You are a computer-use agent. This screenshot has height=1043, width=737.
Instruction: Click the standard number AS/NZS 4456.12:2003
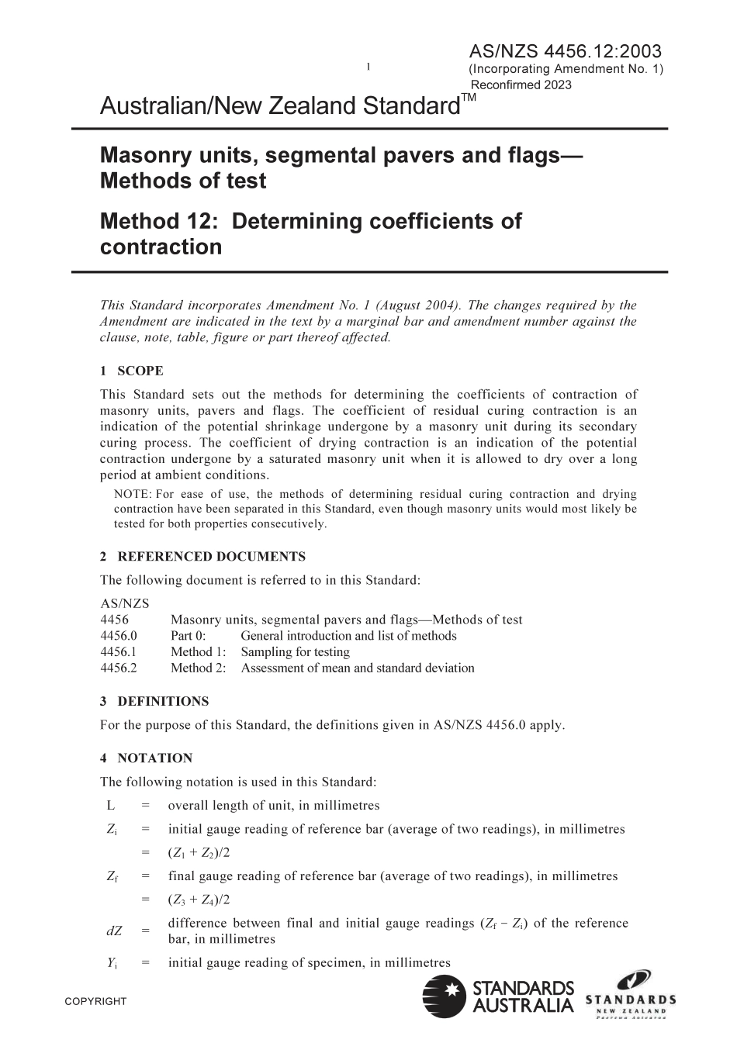[x=565, y=52]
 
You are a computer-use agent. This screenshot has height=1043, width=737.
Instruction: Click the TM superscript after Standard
[x=469, y=98]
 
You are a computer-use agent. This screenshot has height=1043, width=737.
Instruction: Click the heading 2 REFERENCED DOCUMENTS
[x=202, y=556]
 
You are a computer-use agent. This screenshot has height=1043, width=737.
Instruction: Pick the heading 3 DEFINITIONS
[x=154, y=701]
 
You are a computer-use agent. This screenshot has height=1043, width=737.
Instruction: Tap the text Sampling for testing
[x=295, y=652]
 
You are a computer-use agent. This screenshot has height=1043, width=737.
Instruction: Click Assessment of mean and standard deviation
[x=358, y=668]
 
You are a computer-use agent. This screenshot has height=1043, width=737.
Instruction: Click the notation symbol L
[x=111, y=805]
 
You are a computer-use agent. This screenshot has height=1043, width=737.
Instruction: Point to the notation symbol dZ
[x=113, y=931]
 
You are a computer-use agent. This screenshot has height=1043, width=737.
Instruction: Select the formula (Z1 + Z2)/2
[x=199, y=853]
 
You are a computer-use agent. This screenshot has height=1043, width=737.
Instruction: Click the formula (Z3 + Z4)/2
[x=199, y=900]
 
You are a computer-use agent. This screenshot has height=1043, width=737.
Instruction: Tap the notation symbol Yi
[x=112, y=963]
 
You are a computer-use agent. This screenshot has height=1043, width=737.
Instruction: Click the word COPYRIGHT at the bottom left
[x=95, y=1001]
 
